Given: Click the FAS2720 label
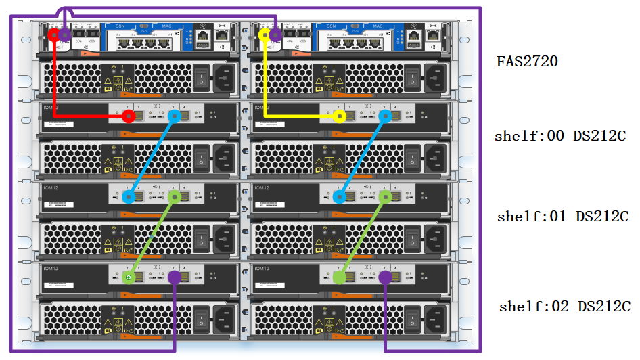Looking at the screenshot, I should coord(527,62).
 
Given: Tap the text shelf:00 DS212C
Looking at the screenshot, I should coord(559,136).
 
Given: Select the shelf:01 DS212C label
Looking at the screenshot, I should coord(563,217).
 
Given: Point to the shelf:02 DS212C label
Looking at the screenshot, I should coord(565,306).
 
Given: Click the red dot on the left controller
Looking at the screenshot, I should coord(53,34).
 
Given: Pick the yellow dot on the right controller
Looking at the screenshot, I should coord(264,34).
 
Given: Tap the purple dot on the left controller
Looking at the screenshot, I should coord(64,34).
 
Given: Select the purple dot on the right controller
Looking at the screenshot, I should coord(275,34).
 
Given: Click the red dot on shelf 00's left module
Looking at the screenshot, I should coord(129,116).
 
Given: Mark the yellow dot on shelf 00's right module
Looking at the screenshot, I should coord(340,116).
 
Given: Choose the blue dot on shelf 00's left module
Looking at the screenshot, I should coord(175,116).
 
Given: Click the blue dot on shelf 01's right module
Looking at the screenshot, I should coord(340,197).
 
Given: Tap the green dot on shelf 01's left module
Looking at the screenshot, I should coord(175,197).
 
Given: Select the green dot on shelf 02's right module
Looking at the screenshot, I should coord(340,277).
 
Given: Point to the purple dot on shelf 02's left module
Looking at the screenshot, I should coord(175,277).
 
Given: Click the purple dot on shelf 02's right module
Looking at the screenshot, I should coord(386,277).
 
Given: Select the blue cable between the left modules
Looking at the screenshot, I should coord(152,156).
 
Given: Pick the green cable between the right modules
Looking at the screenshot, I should coord(363,237).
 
